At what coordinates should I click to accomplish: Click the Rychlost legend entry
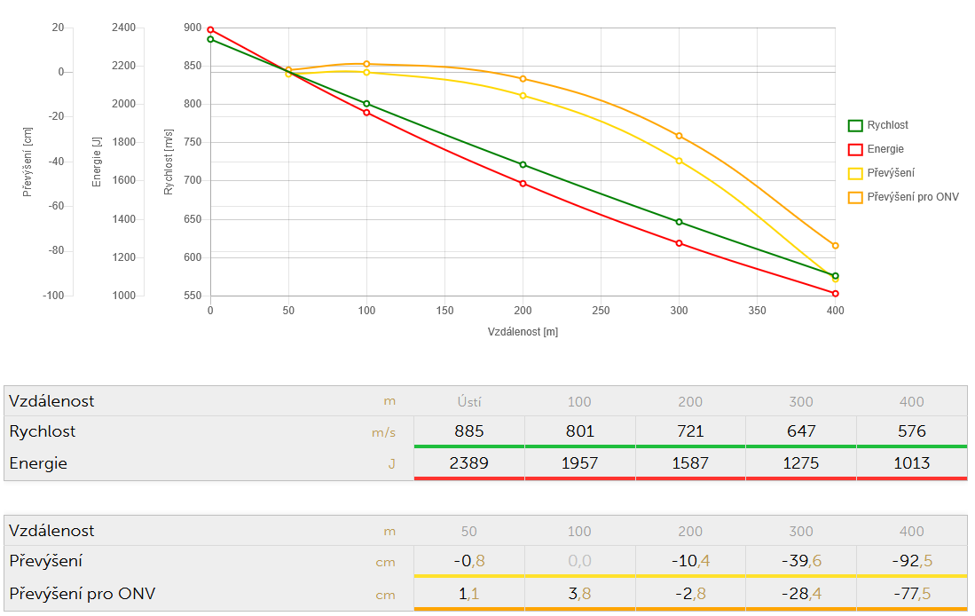point(887,125)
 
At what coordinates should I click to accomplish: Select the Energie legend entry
point(885,149)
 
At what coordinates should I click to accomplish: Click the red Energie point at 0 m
point(210,30)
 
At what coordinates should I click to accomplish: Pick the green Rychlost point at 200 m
point(523,164)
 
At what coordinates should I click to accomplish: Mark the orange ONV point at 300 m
point(679,136)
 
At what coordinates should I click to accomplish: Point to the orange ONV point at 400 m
point(835,246)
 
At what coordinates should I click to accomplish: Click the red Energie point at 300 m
point(679,243)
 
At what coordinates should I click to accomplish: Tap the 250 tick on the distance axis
point(601,311)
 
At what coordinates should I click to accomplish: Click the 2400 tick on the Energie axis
point(124,28)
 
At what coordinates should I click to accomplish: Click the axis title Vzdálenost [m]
point(523,331)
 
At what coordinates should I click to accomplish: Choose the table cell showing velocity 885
point(468,431)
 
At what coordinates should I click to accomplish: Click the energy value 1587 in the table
point(690,462)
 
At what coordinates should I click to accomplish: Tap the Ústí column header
point(468,401)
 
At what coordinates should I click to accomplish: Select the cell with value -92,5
point(911,561)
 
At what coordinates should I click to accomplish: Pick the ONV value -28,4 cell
point(800,594)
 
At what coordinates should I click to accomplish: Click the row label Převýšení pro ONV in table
point(88,594)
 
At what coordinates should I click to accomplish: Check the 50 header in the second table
point(468,531)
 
